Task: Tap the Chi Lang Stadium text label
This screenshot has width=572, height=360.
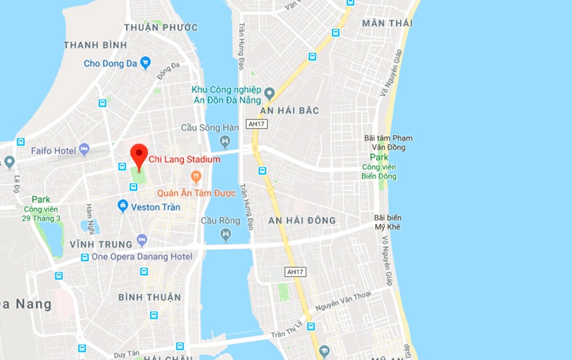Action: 184,160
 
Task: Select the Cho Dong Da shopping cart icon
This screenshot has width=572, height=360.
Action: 146,62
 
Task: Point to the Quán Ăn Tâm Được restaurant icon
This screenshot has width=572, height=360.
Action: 196,176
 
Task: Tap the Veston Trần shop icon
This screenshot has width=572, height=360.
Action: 123,206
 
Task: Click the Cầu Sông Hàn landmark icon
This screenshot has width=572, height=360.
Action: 225,141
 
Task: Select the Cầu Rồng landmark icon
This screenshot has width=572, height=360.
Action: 226,235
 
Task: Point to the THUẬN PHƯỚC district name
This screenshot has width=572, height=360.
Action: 161,27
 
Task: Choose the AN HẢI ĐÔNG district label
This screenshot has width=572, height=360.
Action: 302,221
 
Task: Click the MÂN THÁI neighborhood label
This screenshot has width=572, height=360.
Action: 387,23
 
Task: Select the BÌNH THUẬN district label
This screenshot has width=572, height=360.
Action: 150,297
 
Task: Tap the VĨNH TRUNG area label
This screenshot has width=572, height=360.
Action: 101,244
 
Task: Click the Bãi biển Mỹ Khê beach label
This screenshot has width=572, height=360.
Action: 388,222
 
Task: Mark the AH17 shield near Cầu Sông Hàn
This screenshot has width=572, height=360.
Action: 257,124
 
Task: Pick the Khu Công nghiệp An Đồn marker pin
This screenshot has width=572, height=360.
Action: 269,94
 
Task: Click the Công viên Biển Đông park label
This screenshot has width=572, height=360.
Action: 379,171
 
